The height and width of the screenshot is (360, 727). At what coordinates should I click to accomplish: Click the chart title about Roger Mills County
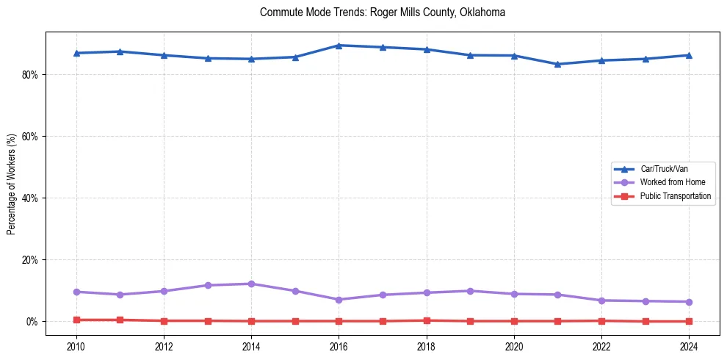point(383,12)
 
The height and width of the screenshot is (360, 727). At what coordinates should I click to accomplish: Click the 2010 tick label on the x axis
point(76,345)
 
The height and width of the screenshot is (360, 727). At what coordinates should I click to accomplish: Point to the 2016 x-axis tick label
point(339,345)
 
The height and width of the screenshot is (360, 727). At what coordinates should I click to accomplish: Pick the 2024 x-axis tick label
point(689,345)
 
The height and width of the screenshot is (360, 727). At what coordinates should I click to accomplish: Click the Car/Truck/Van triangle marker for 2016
point(339,46)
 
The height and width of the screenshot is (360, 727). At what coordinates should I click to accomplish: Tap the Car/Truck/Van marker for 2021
point(557,64)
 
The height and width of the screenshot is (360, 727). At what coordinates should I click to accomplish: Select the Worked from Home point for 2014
point(251,284)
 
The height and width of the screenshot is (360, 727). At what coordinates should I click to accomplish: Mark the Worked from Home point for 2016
point(339,300)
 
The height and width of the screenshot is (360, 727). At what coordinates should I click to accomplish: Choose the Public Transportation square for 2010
point(76,320)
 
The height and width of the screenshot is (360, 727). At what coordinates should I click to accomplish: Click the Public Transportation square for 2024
point(689,321)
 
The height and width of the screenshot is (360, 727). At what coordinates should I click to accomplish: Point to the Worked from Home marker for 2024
point(689,302)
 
